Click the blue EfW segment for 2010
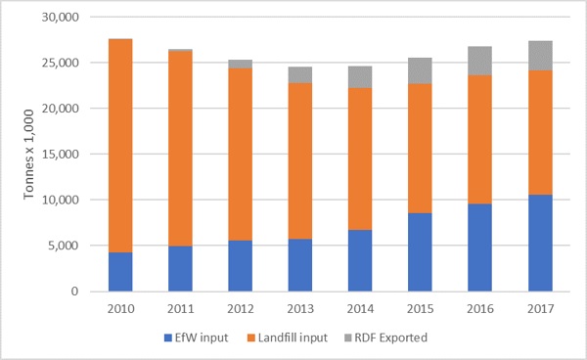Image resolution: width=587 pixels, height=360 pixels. coord(120,272)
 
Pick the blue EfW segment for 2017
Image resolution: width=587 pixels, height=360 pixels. coord(540,243)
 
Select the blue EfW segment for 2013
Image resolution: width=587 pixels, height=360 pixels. coord(300,265)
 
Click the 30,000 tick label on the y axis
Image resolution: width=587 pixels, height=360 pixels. coord(64,17)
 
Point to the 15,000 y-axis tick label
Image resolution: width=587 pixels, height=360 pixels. coord(64,154)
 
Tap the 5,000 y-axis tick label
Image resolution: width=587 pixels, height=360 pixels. coord(67,246)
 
